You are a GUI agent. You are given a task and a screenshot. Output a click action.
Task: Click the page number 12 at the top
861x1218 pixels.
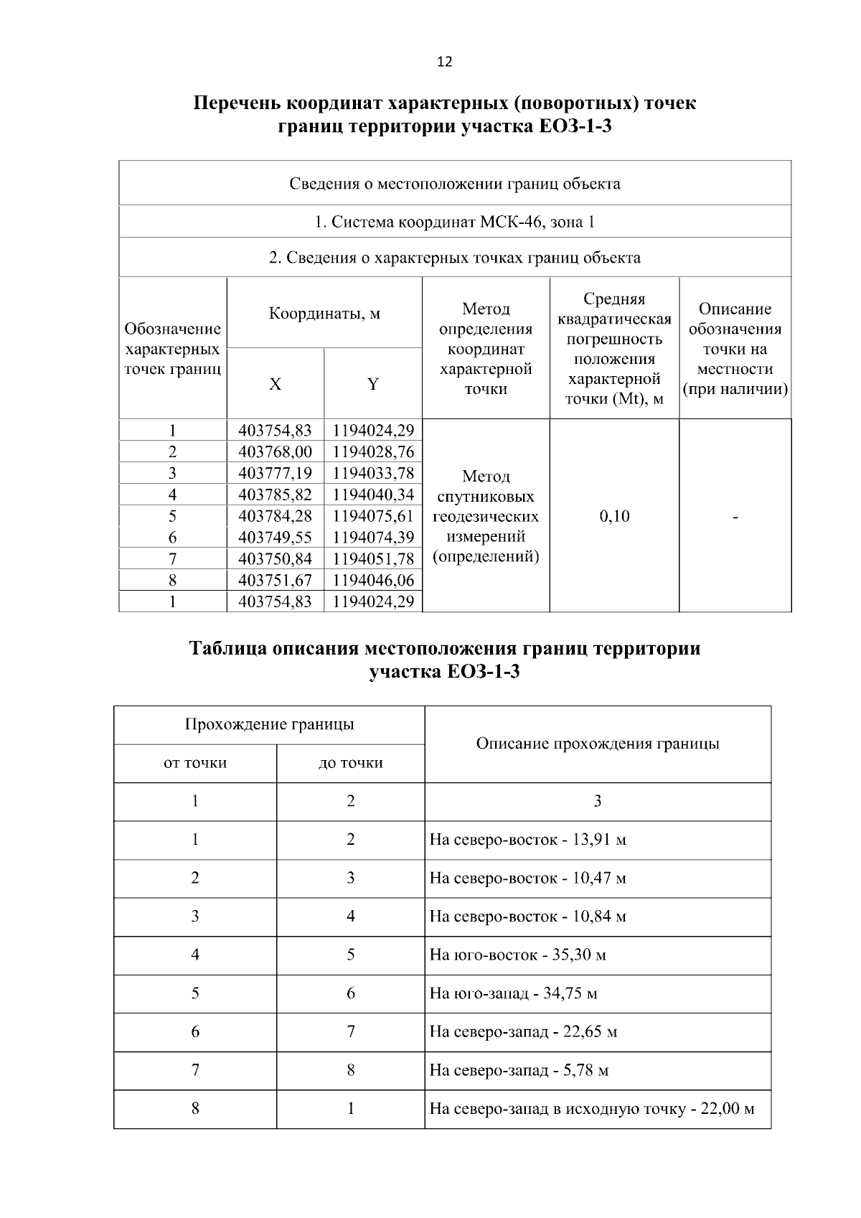click(444, 62)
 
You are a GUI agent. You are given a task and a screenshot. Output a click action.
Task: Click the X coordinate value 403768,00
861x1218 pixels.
click(275, 451)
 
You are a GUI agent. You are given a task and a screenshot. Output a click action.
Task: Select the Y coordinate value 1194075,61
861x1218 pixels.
click(373, 516)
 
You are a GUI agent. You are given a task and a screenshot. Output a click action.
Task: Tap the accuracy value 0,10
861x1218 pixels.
click(614, 515)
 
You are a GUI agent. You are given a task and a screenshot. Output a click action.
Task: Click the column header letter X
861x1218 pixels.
click(276, 384)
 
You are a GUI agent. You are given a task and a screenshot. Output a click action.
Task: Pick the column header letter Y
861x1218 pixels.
click(373, 384)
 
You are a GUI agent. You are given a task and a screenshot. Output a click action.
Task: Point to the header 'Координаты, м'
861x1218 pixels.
click(324, 314)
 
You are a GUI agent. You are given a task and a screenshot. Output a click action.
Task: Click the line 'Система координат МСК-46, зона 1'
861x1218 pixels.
click(455, 222)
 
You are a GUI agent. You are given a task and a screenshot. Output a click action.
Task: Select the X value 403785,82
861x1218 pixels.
click(275, 495)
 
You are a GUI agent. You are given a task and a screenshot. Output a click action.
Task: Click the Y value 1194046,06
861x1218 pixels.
click(373, 580)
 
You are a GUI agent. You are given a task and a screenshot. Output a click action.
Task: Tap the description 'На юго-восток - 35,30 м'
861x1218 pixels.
click(518, 955)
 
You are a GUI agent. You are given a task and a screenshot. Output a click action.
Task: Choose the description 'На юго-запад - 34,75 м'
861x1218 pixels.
click(513, 993)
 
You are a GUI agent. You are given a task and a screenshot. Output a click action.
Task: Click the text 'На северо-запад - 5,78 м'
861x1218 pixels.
click(519, 1070)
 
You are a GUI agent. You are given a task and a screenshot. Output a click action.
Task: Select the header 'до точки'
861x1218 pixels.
click(350, 763)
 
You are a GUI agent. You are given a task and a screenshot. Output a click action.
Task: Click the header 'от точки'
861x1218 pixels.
click(195, 763)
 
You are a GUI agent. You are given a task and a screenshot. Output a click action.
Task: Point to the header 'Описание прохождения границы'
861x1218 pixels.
click(598, 744)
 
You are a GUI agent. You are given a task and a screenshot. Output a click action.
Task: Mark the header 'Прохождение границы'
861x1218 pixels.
click(269, 724)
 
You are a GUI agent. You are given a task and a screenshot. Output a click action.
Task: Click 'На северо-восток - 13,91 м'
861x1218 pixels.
click(527, 840)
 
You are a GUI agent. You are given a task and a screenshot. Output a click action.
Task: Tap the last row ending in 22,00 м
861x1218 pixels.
click(592, 1109)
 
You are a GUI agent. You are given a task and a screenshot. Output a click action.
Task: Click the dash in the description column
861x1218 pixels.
click(735, 517)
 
